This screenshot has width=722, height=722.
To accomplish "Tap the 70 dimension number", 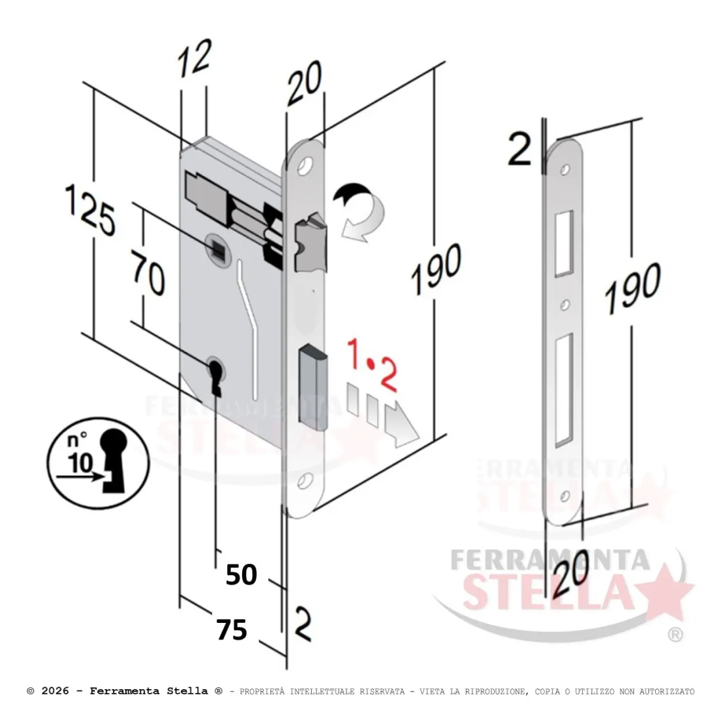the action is click(x=147, y=272).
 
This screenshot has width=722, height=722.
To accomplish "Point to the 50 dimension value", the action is click(x=242, y=574).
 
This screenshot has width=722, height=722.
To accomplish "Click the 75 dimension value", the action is click(x=232, y=629).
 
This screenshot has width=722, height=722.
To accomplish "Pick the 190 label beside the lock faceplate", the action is click(x=436, y=268).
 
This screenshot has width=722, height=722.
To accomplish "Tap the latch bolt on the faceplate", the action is click(x=310, y=242).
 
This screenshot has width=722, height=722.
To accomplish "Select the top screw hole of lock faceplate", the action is click(x=304, y=167).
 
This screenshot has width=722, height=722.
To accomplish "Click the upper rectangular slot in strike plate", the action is click(x=564, y=244).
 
